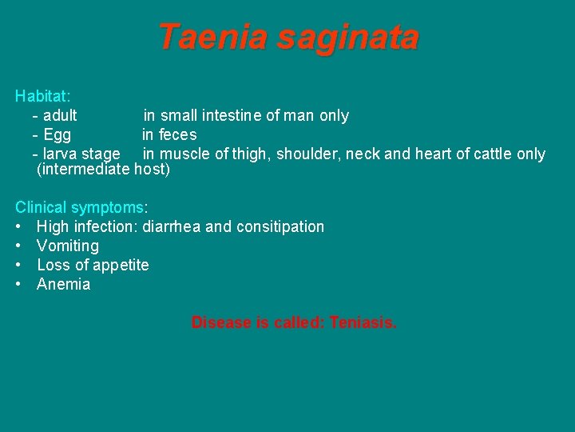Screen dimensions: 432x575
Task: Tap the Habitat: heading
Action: (x=43, y=96)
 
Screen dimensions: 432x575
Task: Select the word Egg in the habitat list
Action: (x=57, y=135)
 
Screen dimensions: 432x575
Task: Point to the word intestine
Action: (x=230, y=116)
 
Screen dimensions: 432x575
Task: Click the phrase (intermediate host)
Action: (x=103, y=170)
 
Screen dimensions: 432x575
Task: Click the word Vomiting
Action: (x=68, y=246)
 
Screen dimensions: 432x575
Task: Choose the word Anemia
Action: (x=64, y=284)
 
